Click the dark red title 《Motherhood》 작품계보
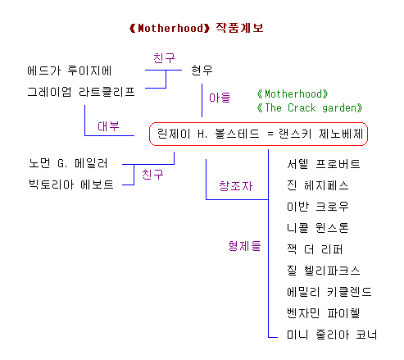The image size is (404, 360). (197, 28)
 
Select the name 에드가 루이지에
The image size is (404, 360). (70, 71)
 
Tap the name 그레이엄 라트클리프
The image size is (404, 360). (81, 92)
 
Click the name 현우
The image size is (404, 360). (202, 71)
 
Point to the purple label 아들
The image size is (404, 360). (220, 98)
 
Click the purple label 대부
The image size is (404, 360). (108, 126)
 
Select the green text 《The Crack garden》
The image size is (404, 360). (310, 107)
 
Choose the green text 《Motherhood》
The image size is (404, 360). (293, 94)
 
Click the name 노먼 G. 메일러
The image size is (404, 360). (68, 163)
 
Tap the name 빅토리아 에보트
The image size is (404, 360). (71, 185)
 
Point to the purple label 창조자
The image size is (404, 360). (236, 186)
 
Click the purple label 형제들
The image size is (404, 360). (244, 246)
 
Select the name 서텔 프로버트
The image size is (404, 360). (324, 164)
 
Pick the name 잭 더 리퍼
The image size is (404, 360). (315, 249)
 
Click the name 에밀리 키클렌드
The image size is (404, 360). (329, 292)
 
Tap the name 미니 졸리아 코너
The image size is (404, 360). (332, 335)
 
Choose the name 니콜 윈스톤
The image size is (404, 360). (318, 228)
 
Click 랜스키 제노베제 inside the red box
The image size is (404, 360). (321, 134)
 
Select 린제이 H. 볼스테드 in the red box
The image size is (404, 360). (208, 134)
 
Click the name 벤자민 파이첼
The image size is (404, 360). (324, 313)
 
